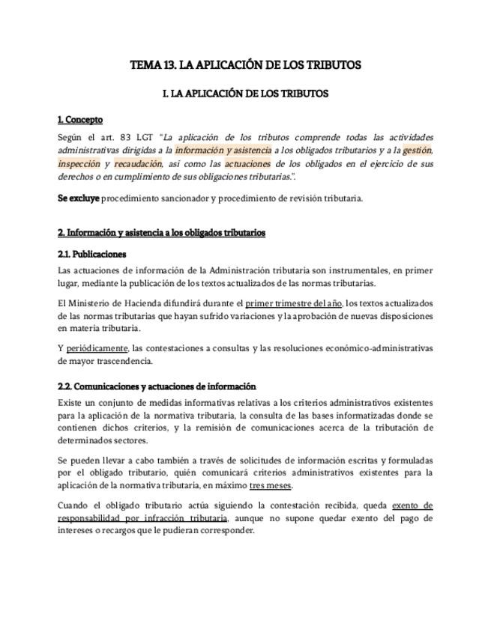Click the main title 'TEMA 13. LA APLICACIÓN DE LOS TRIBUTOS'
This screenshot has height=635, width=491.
245,65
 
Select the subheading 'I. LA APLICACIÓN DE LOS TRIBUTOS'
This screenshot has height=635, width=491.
245,94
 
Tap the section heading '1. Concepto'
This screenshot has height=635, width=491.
80,120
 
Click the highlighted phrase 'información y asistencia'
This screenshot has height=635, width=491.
223,151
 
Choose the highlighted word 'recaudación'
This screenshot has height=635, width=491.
137,163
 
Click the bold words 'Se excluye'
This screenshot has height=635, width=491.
78,198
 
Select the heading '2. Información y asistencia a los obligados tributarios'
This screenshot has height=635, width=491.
161,233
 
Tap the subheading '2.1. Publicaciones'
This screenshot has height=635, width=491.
91,255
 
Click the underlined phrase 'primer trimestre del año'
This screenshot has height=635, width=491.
294,303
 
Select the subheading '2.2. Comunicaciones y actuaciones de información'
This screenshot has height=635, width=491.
157,387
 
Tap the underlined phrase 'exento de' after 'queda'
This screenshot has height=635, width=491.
412,505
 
